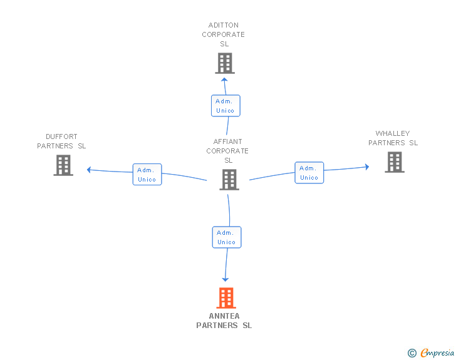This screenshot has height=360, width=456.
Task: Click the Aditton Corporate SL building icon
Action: pyautogui.click(x=224, y=63)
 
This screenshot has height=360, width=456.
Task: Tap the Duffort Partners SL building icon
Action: pyautogui.click(x=63, y=165)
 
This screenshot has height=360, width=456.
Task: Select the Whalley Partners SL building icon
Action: pyautogui.click(x=394, y=162)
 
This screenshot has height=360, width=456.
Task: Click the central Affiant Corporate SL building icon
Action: pyautogui.click(x=229, y=180)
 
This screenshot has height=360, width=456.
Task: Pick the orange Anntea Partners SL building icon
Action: pyautogui.click(x=225, y=298)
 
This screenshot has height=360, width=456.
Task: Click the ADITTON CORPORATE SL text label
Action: pyautogui.click(x=224, y=34)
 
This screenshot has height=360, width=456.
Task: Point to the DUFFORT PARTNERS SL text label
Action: pyautogui.click(x=61, y=141)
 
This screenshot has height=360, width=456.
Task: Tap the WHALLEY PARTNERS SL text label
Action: pyautogui.click(x=393, y=138)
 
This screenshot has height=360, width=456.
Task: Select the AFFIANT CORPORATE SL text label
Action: pyautogui.click(x=227, y=151)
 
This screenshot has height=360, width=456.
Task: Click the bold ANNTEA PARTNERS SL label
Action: pyautogui.click(x=224, y=321)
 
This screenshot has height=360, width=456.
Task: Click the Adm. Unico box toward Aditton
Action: pyautogui.click(x=225, y=106)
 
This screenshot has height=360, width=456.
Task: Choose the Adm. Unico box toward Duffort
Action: pyautogui.click(x=147, y=174)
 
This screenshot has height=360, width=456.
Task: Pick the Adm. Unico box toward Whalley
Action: pyautogui.click(x=309, y=172)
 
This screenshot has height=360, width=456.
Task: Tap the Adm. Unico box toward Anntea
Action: pyautogui.click(x=226, y=237)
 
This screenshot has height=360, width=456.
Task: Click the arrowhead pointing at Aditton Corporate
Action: pyautogui.click(x=224, y=80)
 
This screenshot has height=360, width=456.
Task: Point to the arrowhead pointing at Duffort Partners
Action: pyautogui.click(x=89, y=170)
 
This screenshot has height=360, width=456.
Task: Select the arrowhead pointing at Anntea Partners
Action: pyautogui.click(x=225, y=279)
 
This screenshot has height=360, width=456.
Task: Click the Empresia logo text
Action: pyautogui.click(x=438, y=352)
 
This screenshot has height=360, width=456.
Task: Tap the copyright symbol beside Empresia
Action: pyautogui.click(x=412, y=353)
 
